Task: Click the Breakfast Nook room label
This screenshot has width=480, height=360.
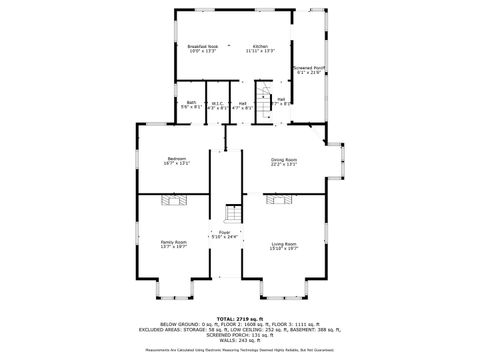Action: (202, 46)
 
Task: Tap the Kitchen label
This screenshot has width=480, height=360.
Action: (260, 46)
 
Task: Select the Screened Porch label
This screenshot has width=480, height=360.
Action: (310, 68)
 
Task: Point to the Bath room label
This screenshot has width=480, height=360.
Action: (191, 102)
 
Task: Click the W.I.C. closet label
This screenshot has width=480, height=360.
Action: (217, 102)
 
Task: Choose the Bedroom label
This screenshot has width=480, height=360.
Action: (177, 159)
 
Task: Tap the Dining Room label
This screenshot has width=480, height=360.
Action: (284, 159)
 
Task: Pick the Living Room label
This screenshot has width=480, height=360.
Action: (284, 243)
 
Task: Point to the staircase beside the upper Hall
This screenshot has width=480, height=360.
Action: (265, 100)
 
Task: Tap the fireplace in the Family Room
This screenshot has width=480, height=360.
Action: (176, 200)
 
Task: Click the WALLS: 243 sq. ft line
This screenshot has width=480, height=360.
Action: (239, 339)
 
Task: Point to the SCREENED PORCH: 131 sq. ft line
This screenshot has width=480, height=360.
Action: (239, 334)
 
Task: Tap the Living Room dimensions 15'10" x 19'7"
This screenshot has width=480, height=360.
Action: (284, 247)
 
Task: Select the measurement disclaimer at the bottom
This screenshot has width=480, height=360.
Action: (239, 350)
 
